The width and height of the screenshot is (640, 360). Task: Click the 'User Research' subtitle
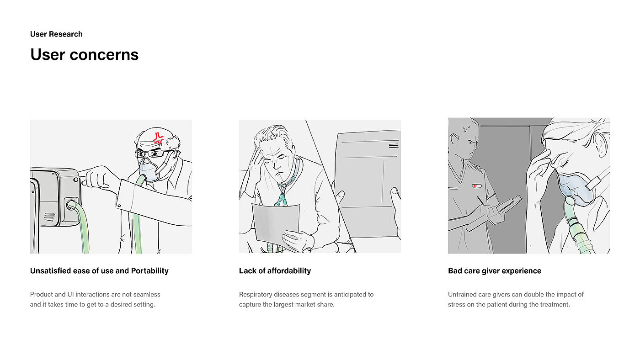tap(56, 34)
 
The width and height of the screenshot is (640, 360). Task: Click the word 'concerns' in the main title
tap(104, 54)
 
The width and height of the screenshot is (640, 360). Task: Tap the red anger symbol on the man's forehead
tap(158, 138)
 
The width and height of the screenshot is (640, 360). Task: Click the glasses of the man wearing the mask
tap(150, 154)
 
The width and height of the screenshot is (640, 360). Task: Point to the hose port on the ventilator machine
tap(70, 204)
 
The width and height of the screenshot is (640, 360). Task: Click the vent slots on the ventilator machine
tap(49, 217)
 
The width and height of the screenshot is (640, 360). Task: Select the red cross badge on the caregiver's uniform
tap(476, 186)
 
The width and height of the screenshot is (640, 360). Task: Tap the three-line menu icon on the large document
tap(394, 146)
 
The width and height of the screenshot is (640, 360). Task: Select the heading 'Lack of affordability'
tap(275, 270)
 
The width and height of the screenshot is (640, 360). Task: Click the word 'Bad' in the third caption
tap(454, 270)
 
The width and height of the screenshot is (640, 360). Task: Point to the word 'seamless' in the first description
tap(146, 294)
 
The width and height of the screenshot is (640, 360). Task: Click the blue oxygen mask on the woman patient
tap(574, 188)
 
